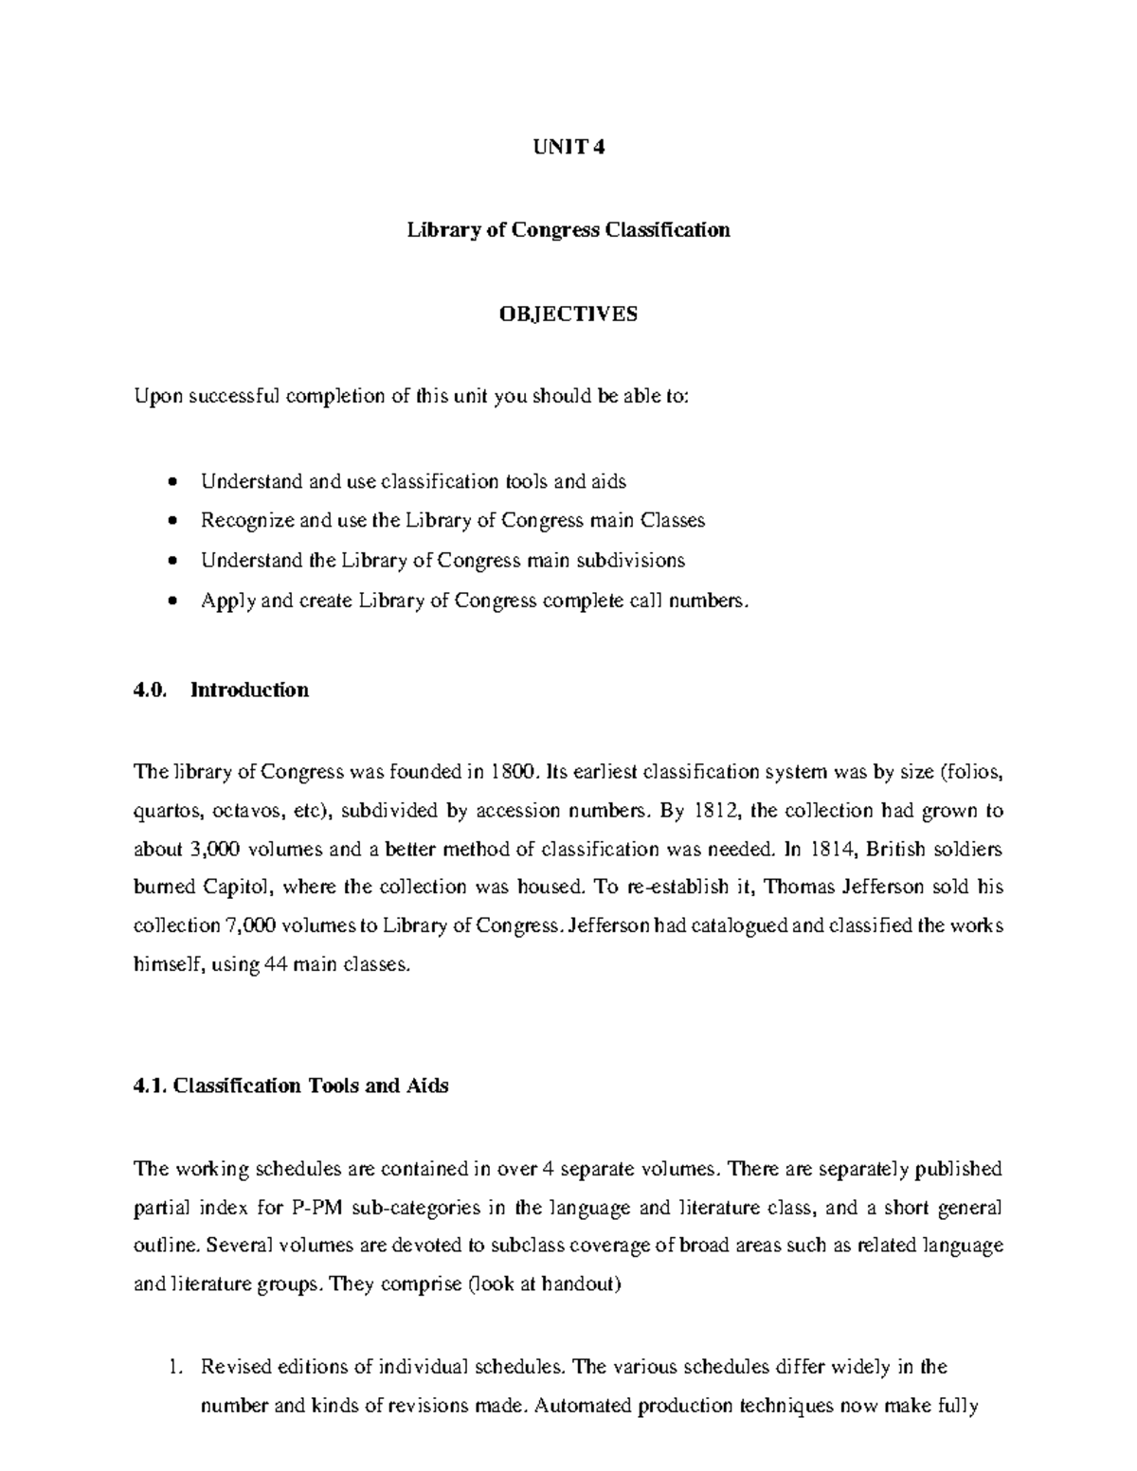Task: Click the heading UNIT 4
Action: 568,147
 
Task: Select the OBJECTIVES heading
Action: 568,314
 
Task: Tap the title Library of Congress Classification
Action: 568,230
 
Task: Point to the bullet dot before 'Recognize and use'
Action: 171,521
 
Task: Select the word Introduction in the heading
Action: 250,690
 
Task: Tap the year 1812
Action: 716,811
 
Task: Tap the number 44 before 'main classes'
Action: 272,964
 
